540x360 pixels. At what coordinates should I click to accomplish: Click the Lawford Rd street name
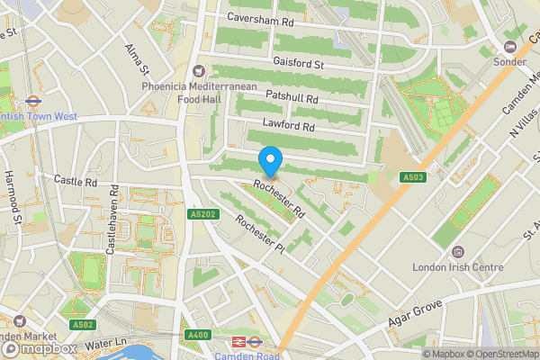tap(288, 126)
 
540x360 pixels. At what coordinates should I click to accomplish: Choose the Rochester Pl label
tap(259, 234)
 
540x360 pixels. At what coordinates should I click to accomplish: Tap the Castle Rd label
tap(75, 181)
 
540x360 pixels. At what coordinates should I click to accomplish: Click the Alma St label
tap(136, 60)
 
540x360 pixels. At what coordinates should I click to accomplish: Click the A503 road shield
tap(413, 177)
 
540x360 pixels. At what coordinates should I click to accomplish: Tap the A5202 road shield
tap(203, 214)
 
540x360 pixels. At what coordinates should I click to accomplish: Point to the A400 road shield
tap(197, 336)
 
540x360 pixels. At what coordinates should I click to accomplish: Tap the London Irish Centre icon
tap(458, 251)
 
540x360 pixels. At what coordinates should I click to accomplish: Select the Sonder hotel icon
tap(510, 46)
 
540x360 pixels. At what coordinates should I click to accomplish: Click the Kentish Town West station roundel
tap(31, 102)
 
